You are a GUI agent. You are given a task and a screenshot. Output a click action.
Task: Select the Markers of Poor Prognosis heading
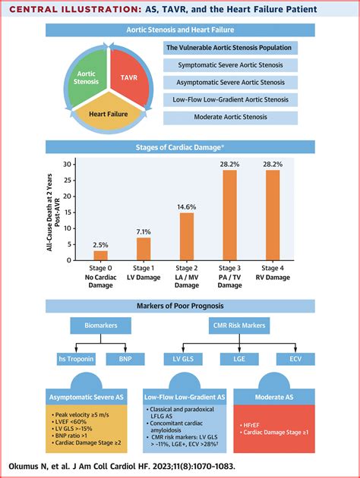coord(180,305)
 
